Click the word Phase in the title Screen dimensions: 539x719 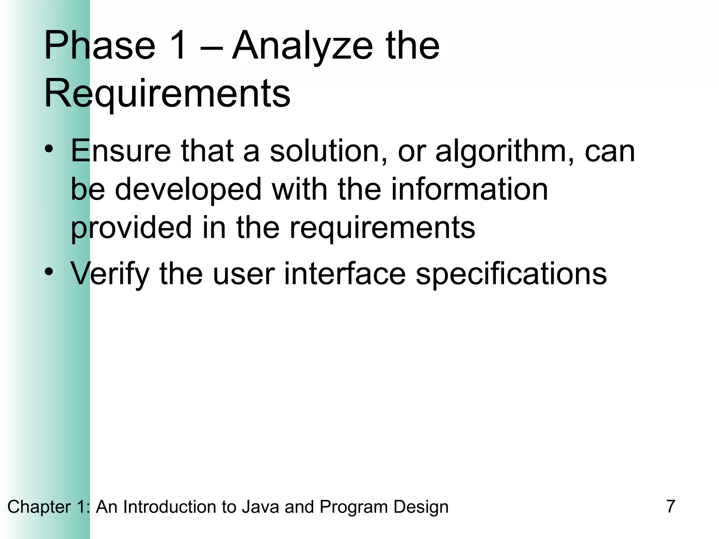click(99, 46)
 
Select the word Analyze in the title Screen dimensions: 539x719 click(302, 47)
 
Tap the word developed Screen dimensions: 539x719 click(188, 190)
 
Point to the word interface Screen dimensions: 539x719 click(344, 273)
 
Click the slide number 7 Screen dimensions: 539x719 click(670, 506)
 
